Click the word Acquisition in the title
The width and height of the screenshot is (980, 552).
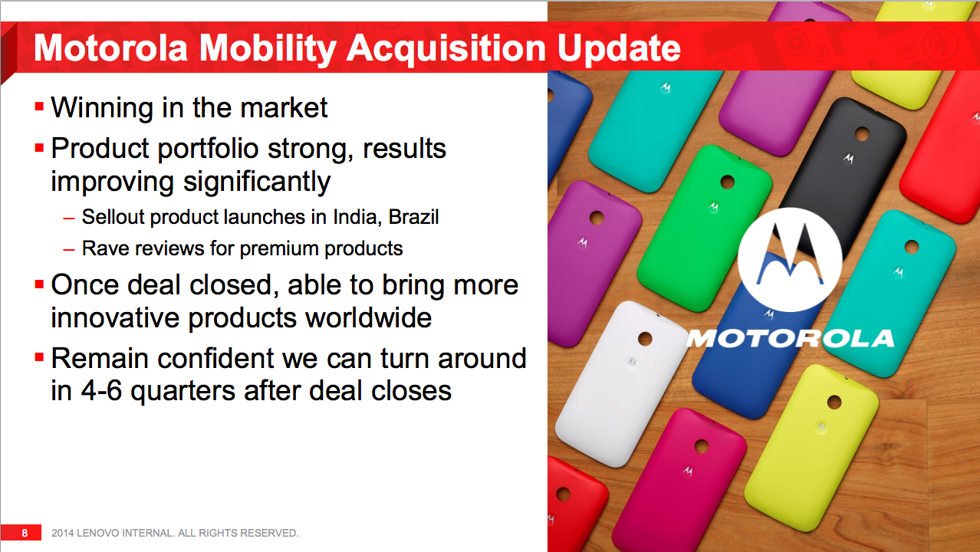pyautogui.click(x=446, y=49)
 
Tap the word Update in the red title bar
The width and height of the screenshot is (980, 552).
pyautogui.click(x=619, y=49)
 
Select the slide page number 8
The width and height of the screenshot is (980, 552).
pyautogui.click(x=25, y=533)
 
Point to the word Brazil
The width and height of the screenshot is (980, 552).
pyautogui.click(x=413, y=216)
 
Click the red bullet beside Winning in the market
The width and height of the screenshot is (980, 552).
pyautogui.click(x=39, y=107)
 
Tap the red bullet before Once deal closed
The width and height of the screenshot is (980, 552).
pyautogui.click(x=39, y=284)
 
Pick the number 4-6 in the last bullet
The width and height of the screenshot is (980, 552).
pyautogui.click(x=101, y=390)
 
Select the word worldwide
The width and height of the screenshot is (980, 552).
pyautogui.click(x=368, y=317)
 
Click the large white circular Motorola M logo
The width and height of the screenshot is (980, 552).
pyautogui.click(x=790, y=259)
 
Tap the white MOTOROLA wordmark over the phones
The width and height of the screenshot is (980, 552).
pyautogui.click(x=790, y=339)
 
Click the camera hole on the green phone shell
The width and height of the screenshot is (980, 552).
pyautogui.click(x=727, y=182)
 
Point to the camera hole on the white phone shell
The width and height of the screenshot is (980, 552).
pyautogui.click(x=646, y=339)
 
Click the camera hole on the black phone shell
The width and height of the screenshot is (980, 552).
pyautogui.click(x=862, y=134)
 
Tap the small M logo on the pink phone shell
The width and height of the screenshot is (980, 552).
pyautogui.click(x=688, y=471)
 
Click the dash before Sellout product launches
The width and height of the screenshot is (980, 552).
pyautogui.click(x=69, y=218)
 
